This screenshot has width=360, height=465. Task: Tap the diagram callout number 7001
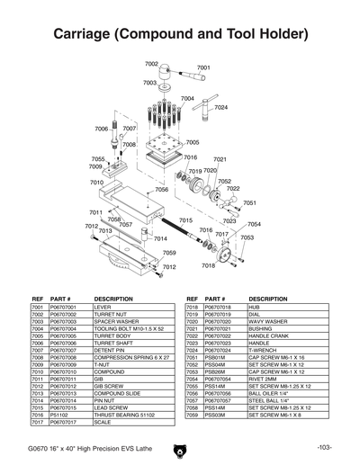(x=203, y=67)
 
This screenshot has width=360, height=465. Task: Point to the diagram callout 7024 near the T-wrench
(x=220, y=107)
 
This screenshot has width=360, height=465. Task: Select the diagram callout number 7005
(x=193, y=142)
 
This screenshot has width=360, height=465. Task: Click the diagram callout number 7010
(x=97, y=183)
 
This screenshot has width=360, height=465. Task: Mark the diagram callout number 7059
(x=168, y=253)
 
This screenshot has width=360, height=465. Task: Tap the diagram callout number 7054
(x=255, y=224)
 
